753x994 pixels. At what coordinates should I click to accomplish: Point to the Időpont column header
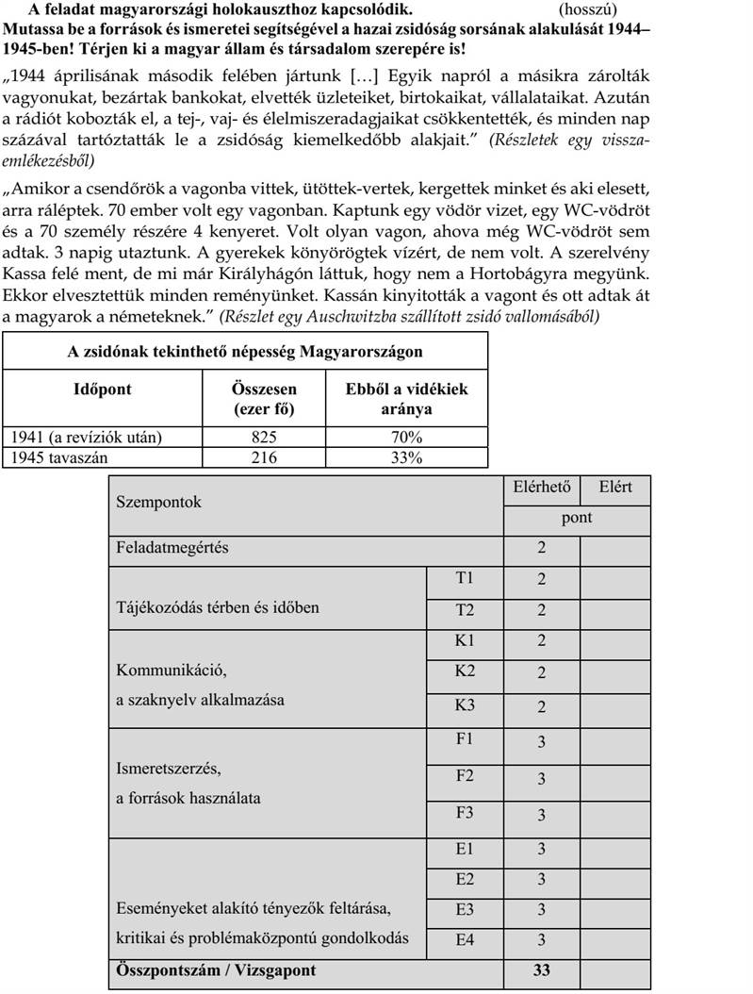coord(103,389)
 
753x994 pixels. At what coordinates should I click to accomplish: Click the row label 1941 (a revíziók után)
coord(84,439)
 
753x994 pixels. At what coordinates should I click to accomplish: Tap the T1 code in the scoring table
coord(465,579)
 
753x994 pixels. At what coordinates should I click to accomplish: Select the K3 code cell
coord(465,706)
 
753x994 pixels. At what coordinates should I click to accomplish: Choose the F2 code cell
coord(465,777)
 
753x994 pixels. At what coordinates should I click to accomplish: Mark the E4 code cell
coord(465,938)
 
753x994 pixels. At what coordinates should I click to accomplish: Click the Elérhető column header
coord(541,488)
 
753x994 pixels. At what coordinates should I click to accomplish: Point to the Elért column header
coord(614,488)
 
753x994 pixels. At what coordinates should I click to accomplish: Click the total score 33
coord(541,969)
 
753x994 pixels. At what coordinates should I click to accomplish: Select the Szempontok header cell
coord(158,503)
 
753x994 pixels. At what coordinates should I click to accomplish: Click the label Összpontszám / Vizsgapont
coord(215,969)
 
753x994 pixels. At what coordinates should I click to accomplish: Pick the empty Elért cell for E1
coord(614,849)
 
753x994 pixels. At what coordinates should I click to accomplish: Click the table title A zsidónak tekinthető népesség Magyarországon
coord(245,352)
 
